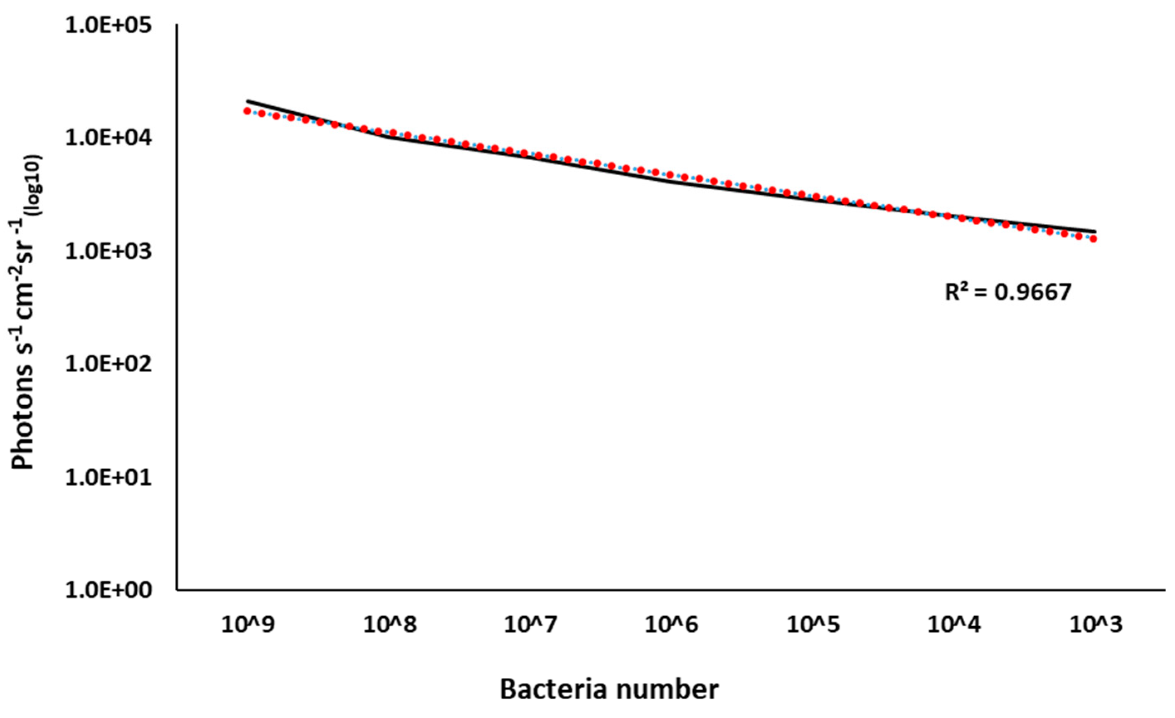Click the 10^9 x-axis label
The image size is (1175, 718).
(x=248, y=625)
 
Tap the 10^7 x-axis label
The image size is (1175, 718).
(x=531, y=625)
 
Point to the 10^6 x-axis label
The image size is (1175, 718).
(x=672, y=625)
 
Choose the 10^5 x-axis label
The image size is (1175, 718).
(x=813, y=625)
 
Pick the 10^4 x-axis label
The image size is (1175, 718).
(x=954, y=625)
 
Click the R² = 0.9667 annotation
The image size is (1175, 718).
(x=1008, y=292)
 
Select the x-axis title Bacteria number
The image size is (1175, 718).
(x=609, y=689)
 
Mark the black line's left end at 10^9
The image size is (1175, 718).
(x=247, y=101)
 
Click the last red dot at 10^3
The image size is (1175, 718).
(x=1094, y=239)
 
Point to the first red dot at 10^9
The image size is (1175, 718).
(x=247, y=111)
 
